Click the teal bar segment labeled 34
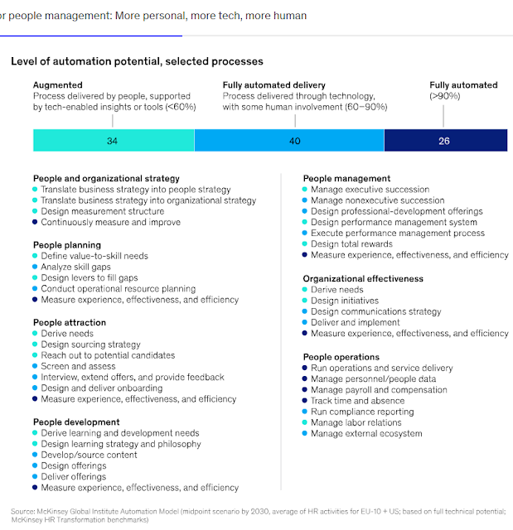point(112,141)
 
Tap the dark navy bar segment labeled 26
point(444,141)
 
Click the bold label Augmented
point(58,85)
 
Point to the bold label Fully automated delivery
point(273,85)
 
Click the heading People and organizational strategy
point(106,178)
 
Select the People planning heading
point(67,245)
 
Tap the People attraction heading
point(70,322)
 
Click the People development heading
point(75,422)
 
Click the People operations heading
point(341,357)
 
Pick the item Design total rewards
point(351,244)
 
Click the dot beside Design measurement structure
point(35,211)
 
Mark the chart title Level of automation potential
point(137,61)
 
